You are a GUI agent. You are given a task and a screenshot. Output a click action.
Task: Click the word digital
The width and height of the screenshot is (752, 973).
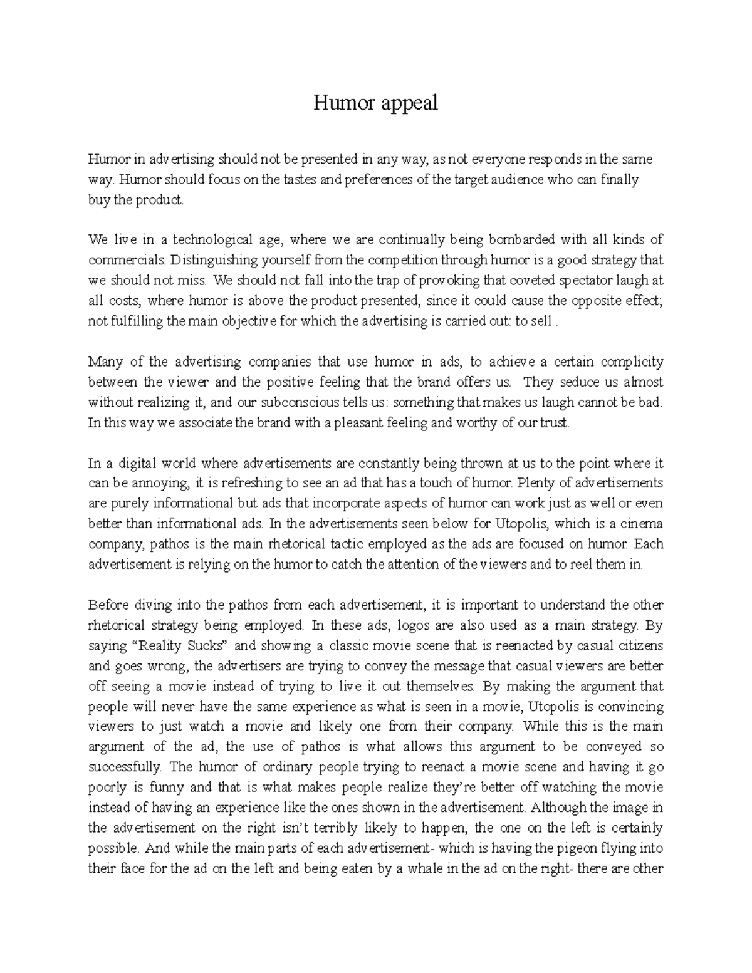click(x=137, y=464)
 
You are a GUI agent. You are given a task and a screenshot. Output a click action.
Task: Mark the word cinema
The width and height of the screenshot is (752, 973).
click(x=643, y=524)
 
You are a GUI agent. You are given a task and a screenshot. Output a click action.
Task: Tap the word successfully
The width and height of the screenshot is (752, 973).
click(x=125, y=767)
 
